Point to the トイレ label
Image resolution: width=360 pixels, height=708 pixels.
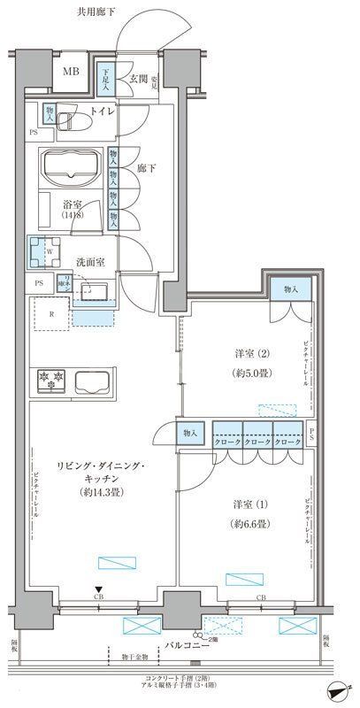click(x=104, y=112)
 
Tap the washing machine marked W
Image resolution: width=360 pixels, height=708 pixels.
click(x=46, y=251)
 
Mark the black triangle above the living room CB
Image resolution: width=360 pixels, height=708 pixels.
click(x=99, y=589)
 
